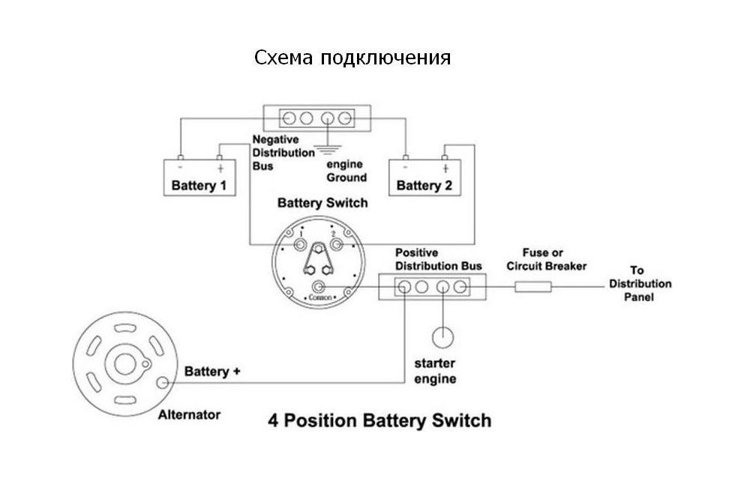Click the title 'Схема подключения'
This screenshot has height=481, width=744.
click(352, 58)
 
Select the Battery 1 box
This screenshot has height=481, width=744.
click(199, 178)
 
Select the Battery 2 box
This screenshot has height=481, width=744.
click(424, 178)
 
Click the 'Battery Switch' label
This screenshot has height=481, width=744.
click(322, 203)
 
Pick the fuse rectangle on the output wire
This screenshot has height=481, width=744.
click(532, 285)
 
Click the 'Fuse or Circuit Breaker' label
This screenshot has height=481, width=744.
click(546, 260)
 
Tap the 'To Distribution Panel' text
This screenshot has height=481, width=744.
click(640, 284)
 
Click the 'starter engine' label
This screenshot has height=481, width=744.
click(435, 371)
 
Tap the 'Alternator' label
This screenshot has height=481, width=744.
click(189, 414)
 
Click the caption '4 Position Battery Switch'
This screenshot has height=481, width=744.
click(379, 420)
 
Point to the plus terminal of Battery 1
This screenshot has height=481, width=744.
click(219, 159)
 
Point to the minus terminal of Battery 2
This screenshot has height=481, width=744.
click(406, 159)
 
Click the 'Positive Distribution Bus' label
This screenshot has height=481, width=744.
click(438, 259)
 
